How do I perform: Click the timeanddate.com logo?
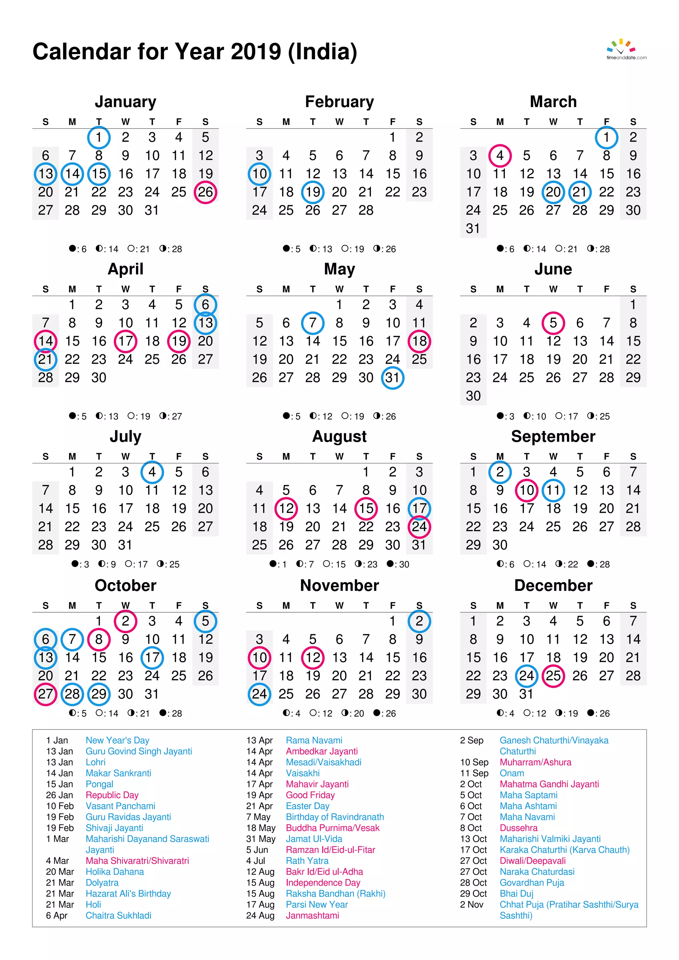(626, 50)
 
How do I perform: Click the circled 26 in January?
(205, 192)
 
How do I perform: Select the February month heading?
(339, 102)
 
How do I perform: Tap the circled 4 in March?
(500, 155)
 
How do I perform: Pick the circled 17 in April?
(125, 341)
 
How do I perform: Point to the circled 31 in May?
(392, 378)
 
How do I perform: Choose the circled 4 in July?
(152, 472)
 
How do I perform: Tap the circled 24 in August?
(419, 526)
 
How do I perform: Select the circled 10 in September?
(526, 490)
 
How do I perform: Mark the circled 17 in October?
(152, 657)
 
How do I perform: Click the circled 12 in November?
(312, 657)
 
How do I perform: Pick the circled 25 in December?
(553, 676)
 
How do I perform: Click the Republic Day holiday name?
(112, 795)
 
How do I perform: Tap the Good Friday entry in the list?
(310, 795)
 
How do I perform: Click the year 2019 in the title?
(256, 52)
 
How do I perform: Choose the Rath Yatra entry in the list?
(307, 861)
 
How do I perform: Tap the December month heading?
(553, 585)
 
